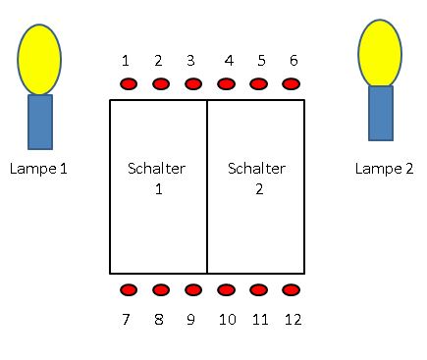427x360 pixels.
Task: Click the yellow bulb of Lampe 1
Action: [x=39, y=60]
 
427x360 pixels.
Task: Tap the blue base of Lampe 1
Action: [x=40, y=122]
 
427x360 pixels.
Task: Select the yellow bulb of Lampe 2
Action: [x=380, y=53]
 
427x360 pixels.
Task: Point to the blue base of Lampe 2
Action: [x=381, y=113]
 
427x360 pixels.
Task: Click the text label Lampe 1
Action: [x=38, y=169]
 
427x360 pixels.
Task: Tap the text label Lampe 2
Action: [x=384, y=169]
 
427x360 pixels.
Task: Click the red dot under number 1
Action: [x=129, y=84]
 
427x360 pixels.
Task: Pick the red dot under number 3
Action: [x=193, y=84]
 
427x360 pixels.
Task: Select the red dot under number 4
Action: [x=226, y=84]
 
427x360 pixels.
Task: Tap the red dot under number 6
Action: [x=291, y=84]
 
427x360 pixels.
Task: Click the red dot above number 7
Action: [x=129, y=290]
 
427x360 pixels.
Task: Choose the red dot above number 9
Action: [x=193, y=290]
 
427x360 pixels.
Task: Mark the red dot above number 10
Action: [x=226, y=290]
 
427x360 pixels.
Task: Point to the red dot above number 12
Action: [x=291, y=290]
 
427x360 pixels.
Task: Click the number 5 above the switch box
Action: [x=261, y=61]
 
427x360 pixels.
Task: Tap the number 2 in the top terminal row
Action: [x=158, y=61]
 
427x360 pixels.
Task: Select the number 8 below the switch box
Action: [x=159, y=319]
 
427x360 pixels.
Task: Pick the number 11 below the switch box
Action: [x=260, y=319]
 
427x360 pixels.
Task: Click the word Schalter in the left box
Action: [x=157, y=169]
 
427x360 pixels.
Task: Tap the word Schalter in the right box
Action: [x=257, y=169]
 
